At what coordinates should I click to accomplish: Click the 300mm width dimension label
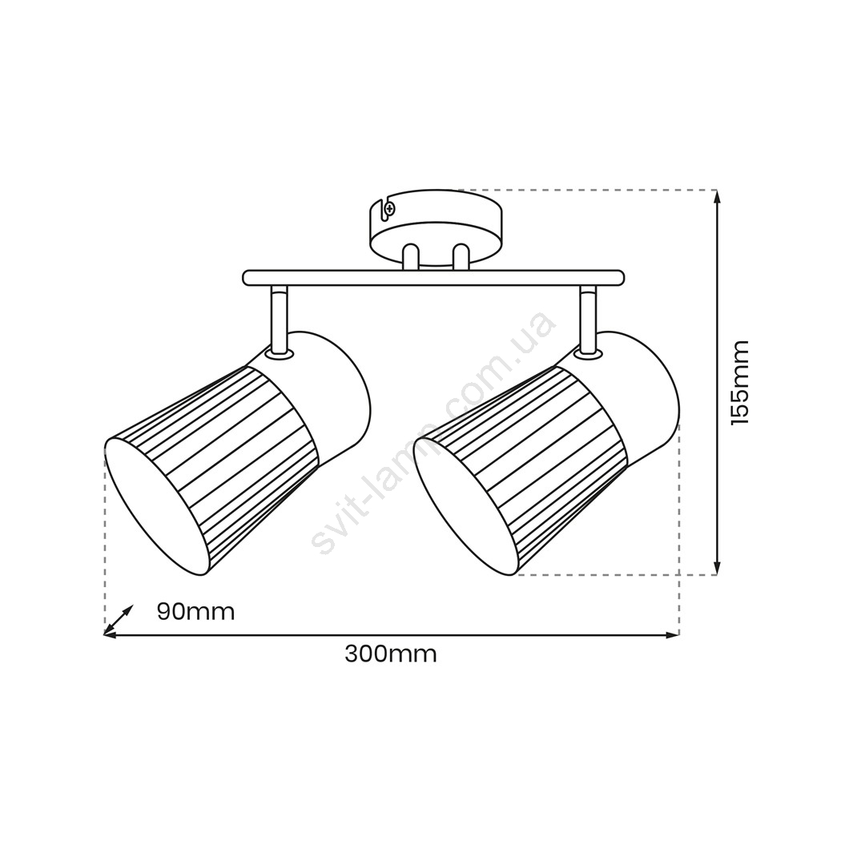point(391,654)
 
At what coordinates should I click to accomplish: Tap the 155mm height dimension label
point(740,382)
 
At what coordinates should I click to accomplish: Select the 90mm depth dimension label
point(196,612)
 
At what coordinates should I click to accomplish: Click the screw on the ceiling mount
point(390,209)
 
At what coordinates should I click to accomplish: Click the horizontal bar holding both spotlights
point(433,278)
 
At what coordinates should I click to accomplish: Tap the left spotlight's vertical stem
point(279,320)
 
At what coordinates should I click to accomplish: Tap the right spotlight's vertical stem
point(588,320)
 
